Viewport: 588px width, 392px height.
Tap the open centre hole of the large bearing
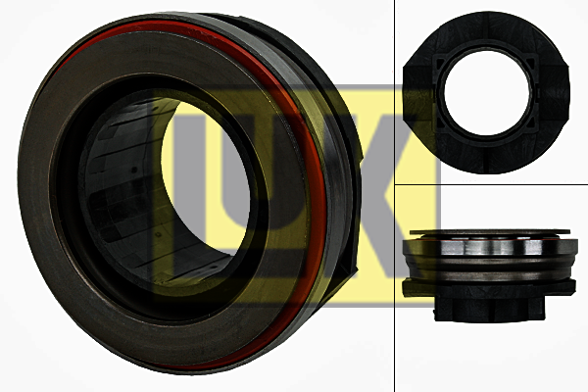tap(206, 180)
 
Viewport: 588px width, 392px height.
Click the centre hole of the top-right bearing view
tap(486, 92)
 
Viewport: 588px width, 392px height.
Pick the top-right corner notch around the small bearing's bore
tap(531, 63)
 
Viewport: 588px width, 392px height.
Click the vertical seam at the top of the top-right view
tap(486, 26)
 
